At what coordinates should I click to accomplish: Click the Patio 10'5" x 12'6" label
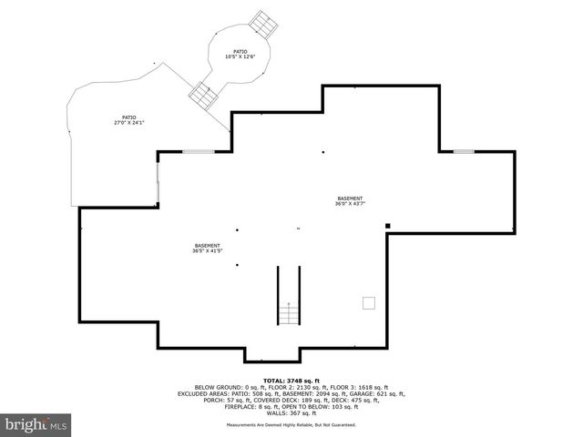pyautogui.click(x=240, y=55)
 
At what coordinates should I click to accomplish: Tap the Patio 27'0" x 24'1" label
pyautogui.click(x=131, y=119)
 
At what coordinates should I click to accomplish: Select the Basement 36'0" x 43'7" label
pyautogui.click(x=350, y=201)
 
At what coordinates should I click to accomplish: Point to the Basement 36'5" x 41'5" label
pyautogui.click(x=208, y=248)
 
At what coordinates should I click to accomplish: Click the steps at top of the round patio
pyautogui.click(x=263, y=22)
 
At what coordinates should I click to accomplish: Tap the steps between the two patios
pyautogui.click(x=202, y=92)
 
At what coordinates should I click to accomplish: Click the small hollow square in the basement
pyautogui.click(x=369, y=303)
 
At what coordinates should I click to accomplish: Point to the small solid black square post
pyautogui.click(x=387, y=226)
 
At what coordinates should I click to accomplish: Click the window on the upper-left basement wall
pyautogui.click(x=196, y=150)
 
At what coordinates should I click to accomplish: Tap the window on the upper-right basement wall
pyautogui.click(x=464, y=150)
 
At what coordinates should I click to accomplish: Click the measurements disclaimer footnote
pyautogui.click(x=291, y=425)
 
